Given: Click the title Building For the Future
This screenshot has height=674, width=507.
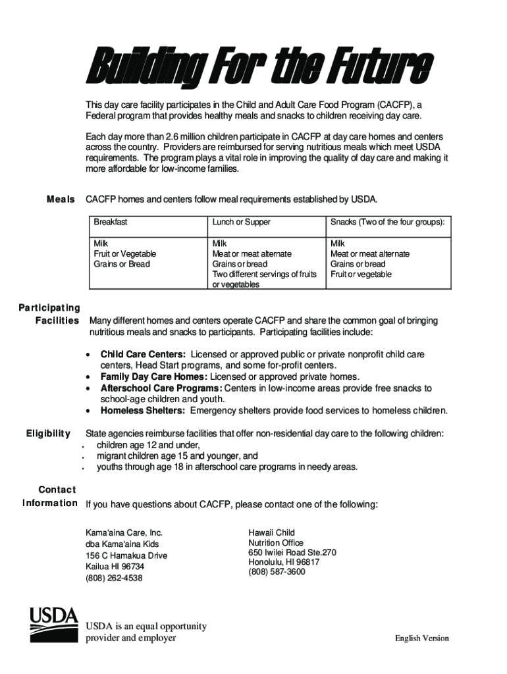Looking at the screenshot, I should [x=259, y=68].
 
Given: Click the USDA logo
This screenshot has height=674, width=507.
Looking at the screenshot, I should [x=53, y=625].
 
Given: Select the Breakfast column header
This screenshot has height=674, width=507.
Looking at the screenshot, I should [x=111, y=222].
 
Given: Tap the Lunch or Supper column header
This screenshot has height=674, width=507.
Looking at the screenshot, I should [x=241, y=222].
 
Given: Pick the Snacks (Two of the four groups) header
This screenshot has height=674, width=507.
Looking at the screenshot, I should [x=387, y=222].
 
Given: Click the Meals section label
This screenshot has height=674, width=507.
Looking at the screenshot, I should [x=61, y=199].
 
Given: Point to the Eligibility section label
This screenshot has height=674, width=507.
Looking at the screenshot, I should [x=48, y=433].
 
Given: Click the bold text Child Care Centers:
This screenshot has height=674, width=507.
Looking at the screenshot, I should [x=143, y=354].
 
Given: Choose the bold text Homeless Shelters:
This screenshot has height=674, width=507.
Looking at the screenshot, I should [x=143, y=411].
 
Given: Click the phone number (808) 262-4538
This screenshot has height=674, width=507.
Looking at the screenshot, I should [x=114, y=578].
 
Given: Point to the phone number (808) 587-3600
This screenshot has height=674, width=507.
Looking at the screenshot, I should [x=277, y=572].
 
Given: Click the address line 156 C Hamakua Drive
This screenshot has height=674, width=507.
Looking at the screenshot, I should [x=126, y=556].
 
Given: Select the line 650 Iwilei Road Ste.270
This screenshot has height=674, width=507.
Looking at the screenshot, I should [x=292, y=552].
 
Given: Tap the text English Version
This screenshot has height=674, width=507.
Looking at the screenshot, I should [x=421, y=638].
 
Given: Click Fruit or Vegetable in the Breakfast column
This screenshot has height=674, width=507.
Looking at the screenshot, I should [x=125, y=253].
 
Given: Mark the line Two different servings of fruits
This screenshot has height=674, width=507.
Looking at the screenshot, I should [x=264, y=274].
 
